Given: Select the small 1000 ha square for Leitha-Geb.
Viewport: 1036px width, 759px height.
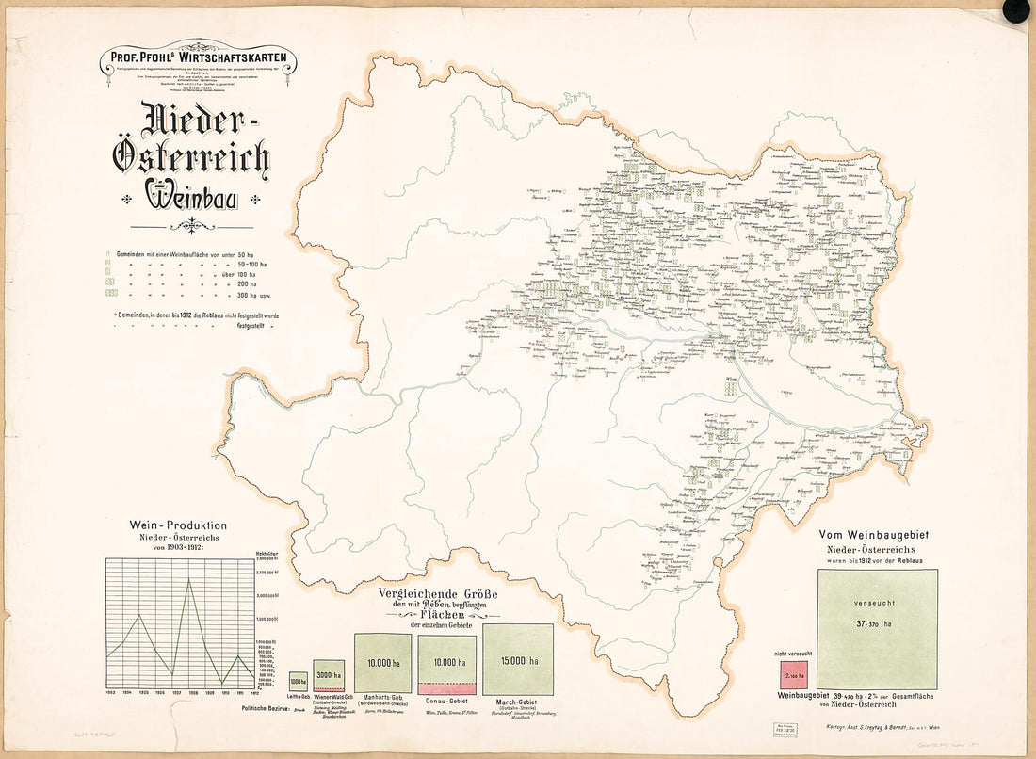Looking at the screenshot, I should (298, 681).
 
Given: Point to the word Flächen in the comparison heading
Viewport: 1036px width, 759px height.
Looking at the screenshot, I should (439, 615).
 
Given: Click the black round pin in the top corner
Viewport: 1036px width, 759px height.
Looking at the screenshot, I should (1017, 11).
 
